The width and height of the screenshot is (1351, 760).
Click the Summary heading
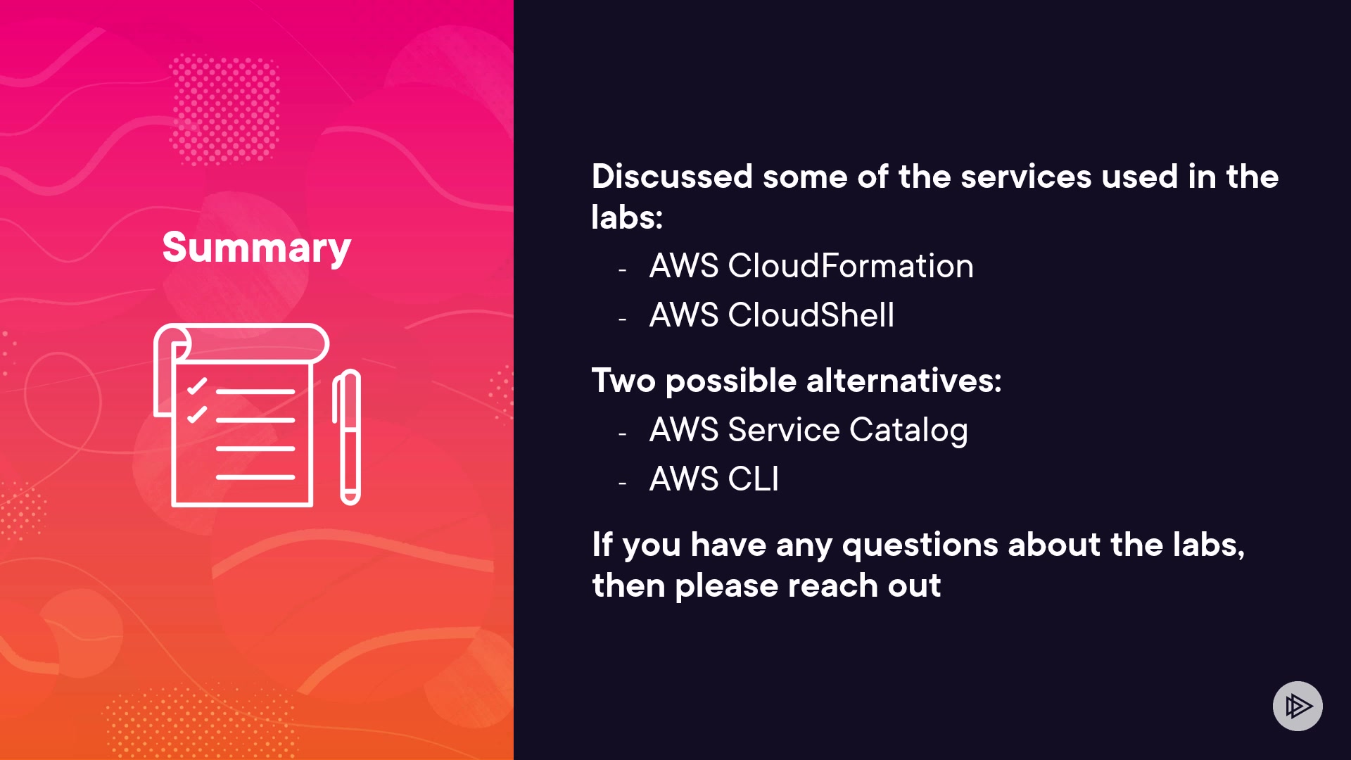256,248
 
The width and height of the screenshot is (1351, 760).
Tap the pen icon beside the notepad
347,436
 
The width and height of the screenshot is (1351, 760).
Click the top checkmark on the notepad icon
197,386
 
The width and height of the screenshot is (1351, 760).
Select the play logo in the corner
1298,706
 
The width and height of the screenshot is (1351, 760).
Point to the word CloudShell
811,315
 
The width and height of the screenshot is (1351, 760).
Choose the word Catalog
908,430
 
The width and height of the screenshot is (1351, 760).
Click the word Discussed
672,177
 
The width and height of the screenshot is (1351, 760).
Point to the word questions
920,545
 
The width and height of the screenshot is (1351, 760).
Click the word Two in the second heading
623,381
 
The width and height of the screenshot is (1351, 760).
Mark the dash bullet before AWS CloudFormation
622,270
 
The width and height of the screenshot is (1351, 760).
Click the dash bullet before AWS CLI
622,483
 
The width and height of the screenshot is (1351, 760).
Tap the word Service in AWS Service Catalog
784,430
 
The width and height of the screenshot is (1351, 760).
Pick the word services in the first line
1026,177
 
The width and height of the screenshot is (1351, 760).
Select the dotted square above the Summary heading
225,109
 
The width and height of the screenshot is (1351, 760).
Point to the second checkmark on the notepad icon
197,414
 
